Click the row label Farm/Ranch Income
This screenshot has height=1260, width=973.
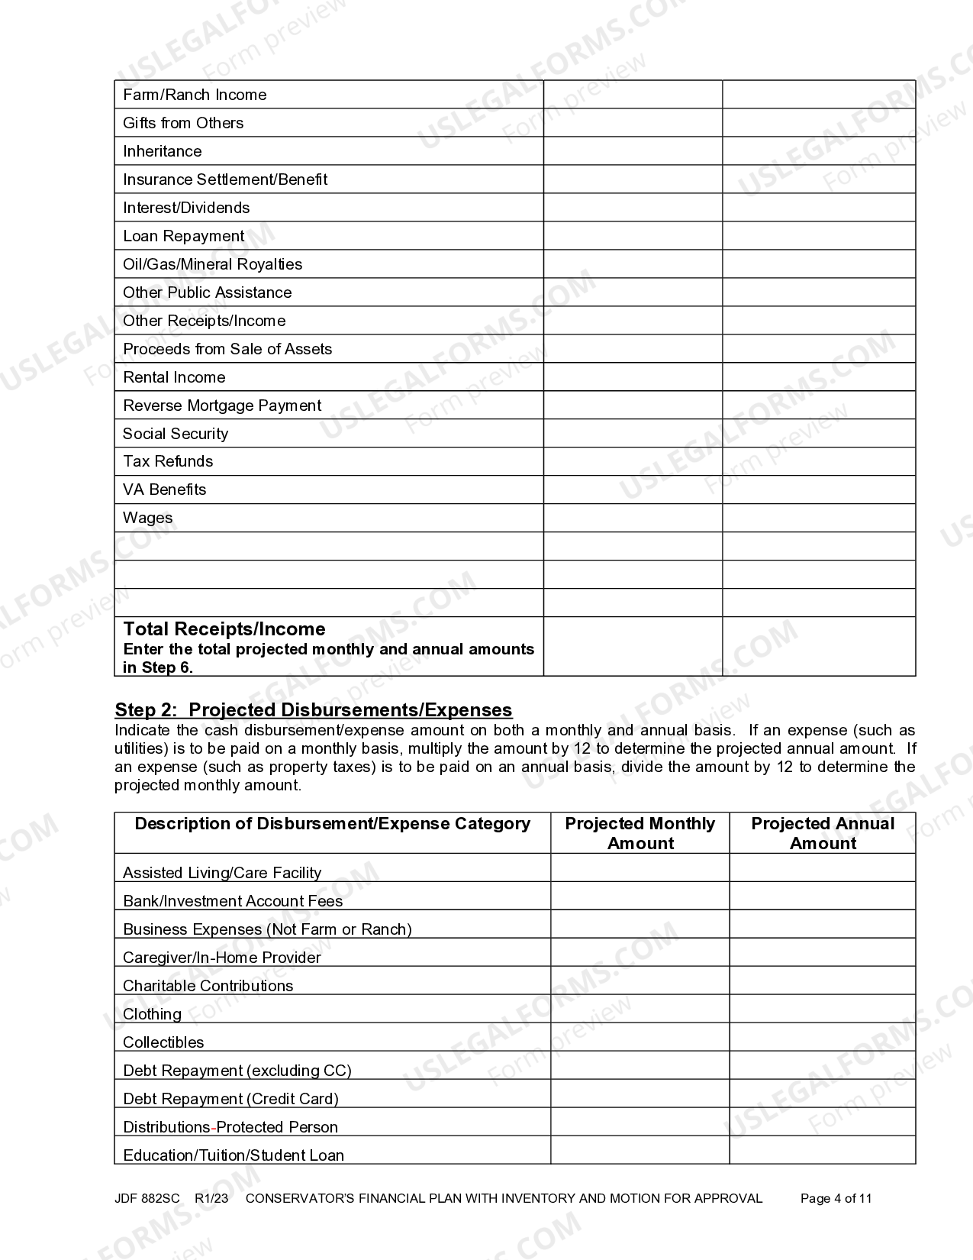point(195,95)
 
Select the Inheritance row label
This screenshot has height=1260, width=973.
point(162,151)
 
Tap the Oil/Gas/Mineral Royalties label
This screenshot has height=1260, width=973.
point(212,264)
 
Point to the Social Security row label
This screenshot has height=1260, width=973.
point(176,434)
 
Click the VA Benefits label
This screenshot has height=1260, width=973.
point(164,489)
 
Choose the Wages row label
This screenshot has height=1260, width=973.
point(147,518)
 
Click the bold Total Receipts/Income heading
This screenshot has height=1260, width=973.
point(224,629)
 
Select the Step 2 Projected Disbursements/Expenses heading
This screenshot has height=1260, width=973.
point(313,709)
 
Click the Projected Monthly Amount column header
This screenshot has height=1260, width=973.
point(640,833)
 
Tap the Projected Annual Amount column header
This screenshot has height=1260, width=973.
point(822,833)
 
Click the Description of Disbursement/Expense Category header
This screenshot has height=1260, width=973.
point(332,824)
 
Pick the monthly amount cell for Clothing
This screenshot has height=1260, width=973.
point(640,1009)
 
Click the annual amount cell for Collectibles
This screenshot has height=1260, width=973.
point(822,1037)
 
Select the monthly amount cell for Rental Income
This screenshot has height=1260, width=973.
point(633,377)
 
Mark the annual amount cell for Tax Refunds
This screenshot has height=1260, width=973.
point(818,461)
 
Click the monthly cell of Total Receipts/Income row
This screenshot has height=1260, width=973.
point(633,646)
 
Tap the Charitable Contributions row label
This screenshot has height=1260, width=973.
point(208,986)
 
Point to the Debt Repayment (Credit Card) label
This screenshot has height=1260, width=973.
point(230,1099)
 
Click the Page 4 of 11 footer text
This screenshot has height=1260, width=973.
point(836,1198)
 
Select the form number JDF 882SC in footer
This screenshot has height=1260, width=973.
point(147,1198)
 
